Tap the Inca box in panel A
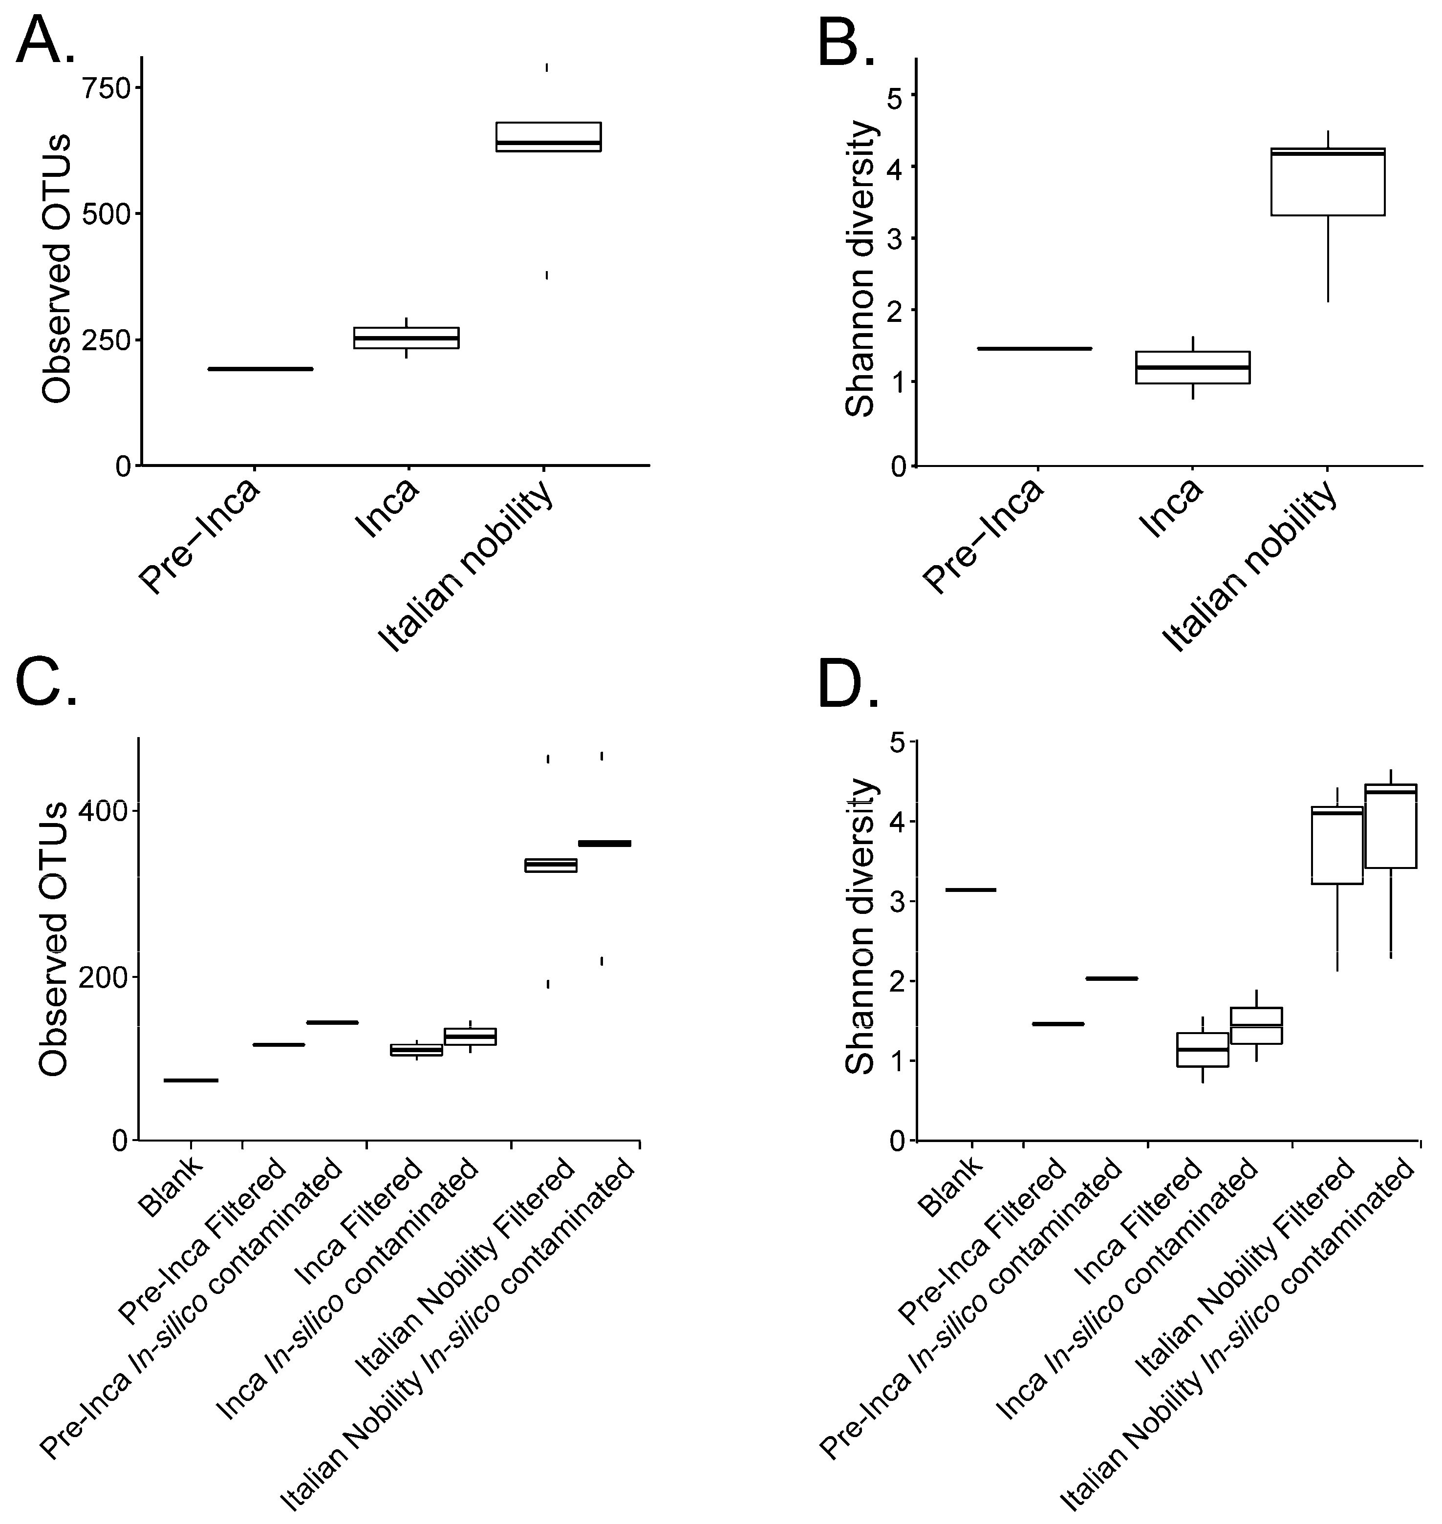coord(406,338)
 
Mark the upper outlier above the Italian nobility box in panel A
coord(547,67)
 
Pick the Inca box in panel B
coord(1192,367)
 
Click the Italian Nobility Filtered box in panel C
coord(550,866)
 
